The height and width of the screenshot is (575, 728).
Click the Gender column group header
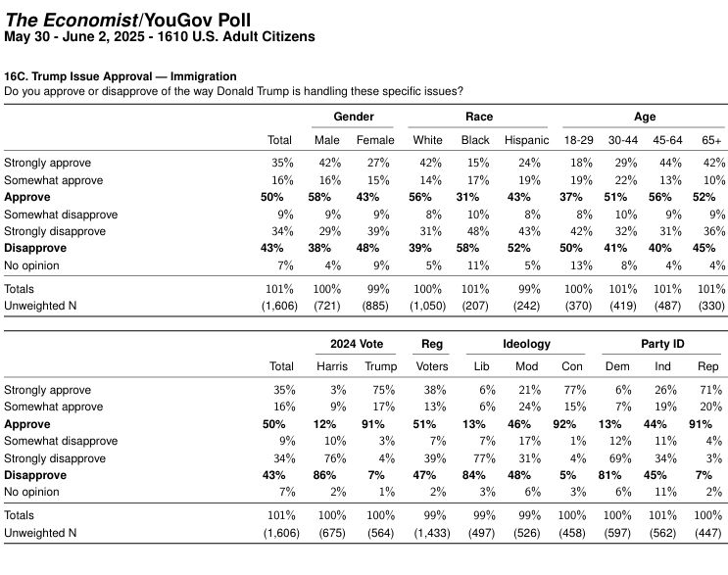point(354,117)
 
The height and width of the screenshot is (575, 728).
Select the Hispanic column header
point(526,140)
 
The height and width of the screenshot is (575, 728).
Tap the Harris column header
point(332,366)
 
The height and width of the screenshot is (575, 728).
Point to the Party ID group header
point(662,344)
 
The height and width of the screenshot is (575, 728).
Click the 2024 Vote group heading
point(357,344)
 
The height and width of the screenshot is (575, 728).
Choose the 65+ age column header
point(711,140)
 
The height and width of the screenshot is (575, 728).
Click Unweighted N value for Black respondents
point(475,306)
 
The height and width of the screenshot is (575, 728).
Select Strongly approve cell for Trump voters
point(383,390)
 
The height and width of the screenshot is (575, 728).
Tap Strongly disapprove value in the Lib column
point(484,458)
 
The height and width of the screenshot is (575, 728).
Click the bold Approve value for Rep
point(701,424)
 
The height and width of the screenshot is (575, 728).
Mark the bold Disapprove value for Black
point(467,248)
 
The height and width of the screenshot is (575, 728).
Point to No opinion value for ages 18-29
point(581,265)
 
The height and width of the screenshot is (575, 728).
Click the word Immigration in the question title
point(204,76)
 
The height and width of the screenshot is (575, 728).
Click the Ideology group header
point(526,344)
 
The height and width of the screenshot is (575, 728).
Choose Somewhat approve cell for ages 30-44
point(625,180)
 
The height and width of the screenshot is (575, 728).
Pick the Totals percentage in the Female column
point(378,289)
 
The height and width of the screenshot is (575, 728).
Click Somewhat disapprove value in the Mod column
point(530,441)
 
